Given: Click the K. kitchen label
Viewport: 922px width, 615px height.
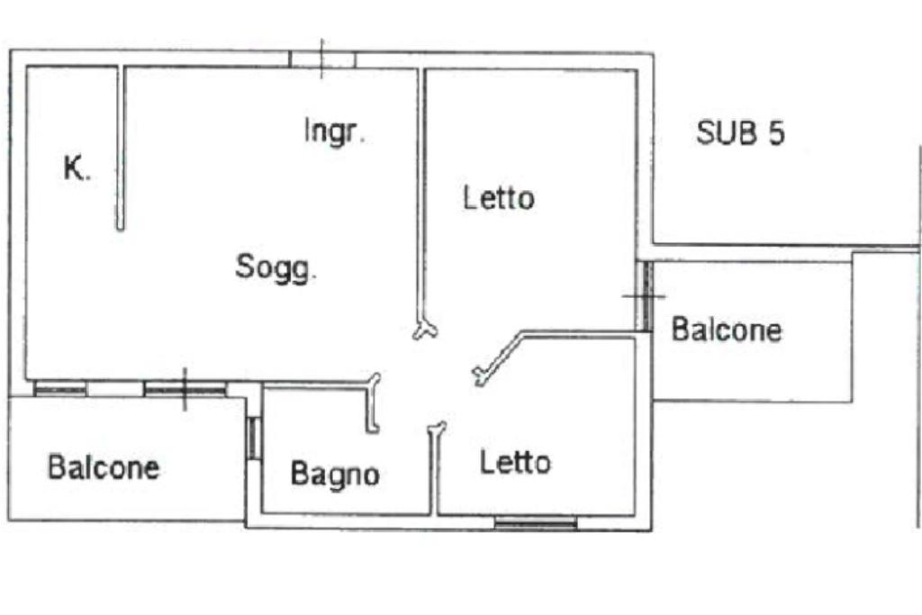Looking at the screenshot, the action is (x=77, y=168).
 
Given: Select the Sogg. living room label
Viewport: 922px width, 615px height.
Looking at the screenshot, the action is (x=276, y=267).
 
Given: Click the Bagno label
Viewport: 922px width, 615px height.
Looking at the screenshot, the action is (x=335, y=474).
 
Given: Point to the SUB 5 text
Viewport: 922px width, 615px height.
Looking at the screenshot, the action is (x=740, y=132).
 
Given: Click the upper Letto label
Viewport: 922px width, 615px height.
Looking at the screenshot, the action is (x=499, y=197).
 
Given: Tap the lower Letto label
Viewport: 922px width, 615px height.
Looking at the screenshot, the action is (x=515, y=463).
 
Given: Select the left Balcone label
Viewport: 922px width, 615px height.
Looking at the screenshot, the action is (x=104, y=467).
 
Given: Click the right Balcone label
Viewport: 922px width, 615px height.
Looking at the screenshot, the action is (x=727, y=330).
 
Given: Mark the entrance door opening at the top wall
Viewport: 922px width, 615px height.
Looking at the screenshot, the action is (x=322, y=59).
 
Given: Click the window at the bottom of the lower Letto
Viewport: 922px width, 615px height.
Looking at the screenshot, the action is (x=535, y=521).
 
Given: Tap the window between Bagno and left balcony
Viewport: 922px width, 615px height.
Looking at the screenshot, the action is (x=253, y=439).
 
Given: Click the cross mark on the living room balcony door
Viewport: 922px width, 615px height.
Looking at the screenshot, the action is (x=185, y=389).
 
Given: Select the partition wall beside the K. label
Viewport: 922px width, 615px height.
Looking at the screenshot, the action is (x=120, y=149).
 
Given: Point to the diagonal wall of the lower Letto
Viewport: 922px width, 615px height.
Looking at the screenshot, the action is (x=500, y=356).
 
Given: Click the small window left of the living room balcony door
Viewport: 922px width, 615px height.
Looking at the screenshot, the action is (x=60, y=389).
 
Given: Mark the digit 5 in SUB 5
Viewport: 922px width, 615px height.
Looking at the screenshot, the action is (x=776, y=132).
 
